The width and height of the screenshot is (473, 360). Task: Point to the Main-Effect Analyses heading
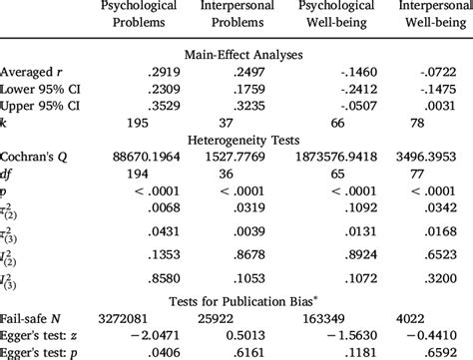[x=236, y=55]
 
